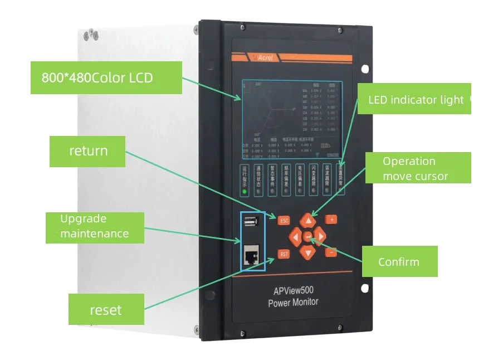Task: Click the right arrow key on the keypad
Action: tap(320, 235)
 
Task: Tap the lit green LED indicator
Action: tap(244, 192)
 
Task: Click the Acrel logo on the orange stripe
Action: tap(260, 57)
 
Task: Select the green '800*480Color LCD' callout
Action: tap(106, 77)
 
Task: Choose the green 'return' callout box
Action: tap(88, 150)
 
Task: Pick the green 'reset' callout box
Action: tap(105, 309)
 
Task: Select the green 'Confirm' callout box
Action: tap(399, 261)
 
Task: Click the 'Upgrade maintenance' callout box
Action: tap(94, 226)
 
